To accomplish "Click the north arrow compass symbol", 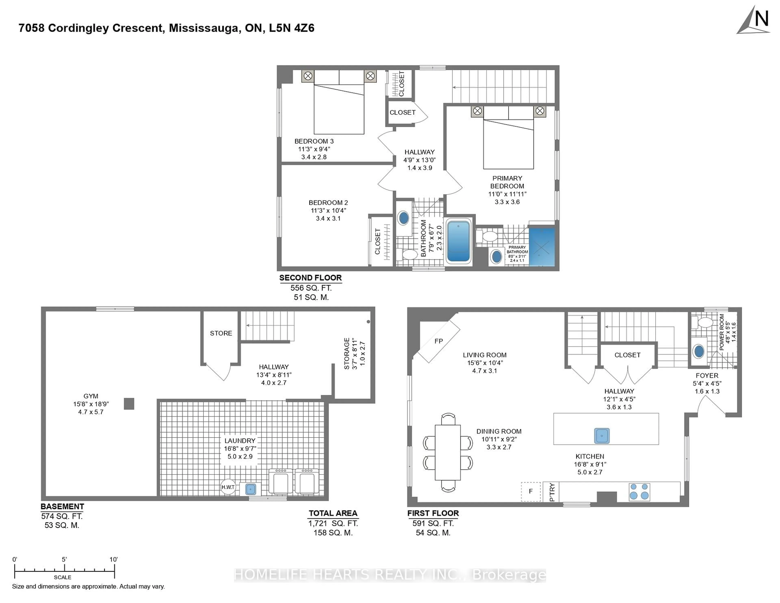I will point(754,21).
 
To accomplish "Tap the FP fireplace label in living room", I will point(439,341).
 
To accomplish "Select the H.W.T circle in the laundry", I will point(228,487).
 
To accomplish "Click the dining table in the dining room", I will point(447,452).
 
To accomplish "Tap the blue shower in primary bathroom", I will point(542,247).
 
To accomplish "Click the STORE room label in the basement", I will point(221,333).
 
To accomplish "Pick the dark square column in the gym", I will point(129,404).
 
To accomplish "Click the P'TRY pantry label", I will point(552,492).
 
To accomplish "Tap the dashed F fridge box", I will point(531,491).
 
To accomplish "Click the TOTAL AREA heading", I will point(333,513).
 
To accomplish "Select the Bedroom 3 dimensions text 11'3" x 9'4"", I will point(314,149).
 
